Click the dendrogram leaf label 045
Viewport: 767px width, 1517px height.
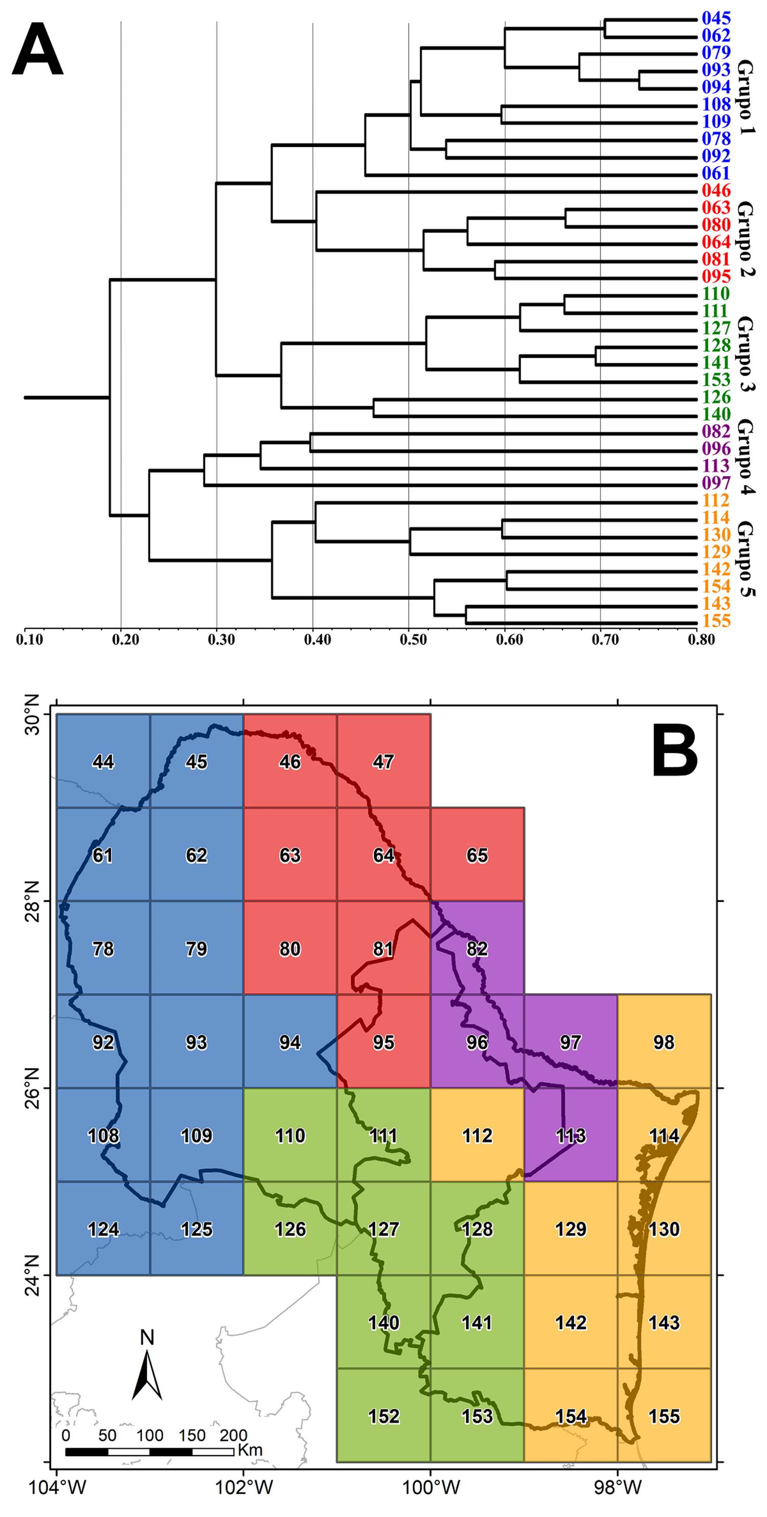[x=716, y=18]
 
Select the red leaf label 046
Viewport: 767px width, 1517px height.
[x=716, y=191]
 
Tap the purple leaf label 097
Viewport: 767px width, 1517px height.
[x=716, y=483]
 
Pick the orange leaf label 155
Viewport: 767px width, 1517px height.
[x=716, y=621]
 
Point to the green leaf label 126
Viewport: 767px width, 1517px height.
[x=716, y=398]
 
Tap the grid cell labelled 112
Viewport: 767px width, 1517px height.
[x=477, y=1136]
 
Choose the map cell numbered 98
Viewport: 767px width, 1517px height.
[x=664, y=1042]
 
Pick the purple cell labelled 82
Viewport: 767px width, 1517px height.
[x=477, y=949]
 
